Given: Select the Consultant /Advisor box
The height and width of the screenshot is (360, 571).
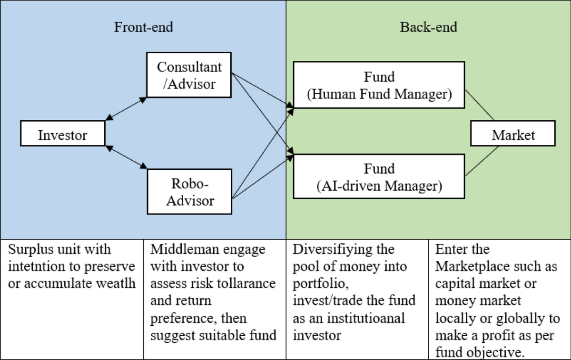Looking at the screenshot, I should tap(189, 75).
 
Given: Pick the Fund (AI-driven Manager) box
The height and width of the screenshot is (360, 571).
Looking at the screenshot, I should tap(379, 176).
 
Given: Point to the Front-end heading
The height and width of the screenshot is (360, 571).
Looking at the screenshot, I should tap(143, 27).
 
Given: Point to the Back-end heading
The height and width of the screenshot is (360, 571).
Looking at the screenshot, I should tap(428, 27).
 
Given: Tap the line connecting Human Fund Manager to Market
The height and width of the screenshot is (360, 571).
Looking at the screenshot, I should tap(480, 105).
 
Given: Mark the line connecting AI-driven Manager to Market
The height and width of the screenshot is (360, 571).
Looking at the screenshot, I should tap(482, 162).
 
